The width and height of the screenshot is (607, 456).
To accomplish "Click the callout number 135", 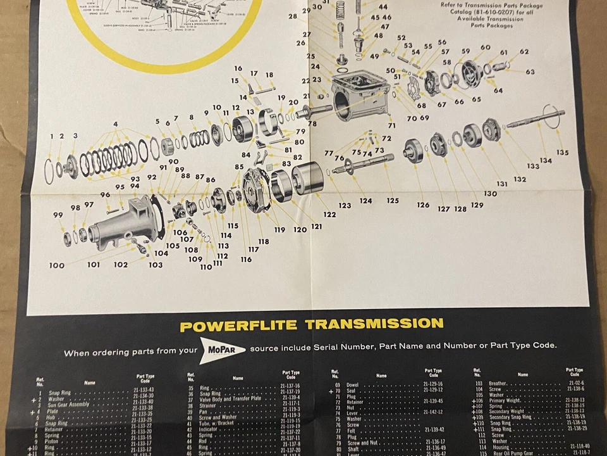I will click(562, 153).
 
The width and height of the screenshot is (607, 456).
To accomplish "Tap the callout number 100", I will click(56, 265).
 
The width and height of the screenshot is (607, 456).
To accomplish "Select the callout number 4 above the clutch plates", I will click(115, 123).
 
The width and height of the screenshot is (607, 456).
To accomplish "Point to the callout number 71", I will click(392, 126).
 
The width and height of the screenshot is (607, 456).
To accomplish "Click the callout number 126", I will click(423, 205).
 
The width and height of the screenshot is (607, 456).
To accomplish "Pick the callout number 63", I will click(530, 72).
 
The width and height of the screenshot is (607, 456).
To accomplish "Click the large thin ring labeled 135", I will click(552, 117).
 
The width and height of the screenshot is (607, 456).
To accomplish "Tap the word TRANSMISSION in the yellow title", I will click(374, 324).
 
